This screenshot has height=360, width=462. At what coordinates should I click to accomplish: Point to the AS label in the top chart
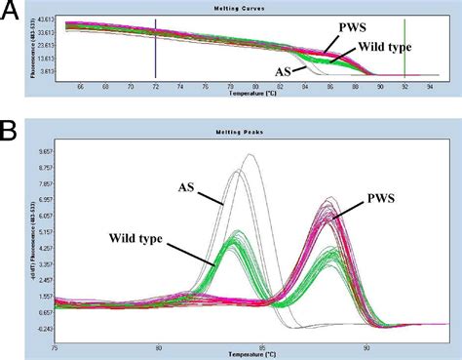pos(286,70)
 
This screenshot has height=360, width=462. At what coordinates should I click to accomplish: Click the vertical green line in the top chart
pos(405,49)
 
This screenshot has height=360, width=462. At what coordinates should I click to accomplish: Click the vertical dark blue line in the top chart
pos(155,49)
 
